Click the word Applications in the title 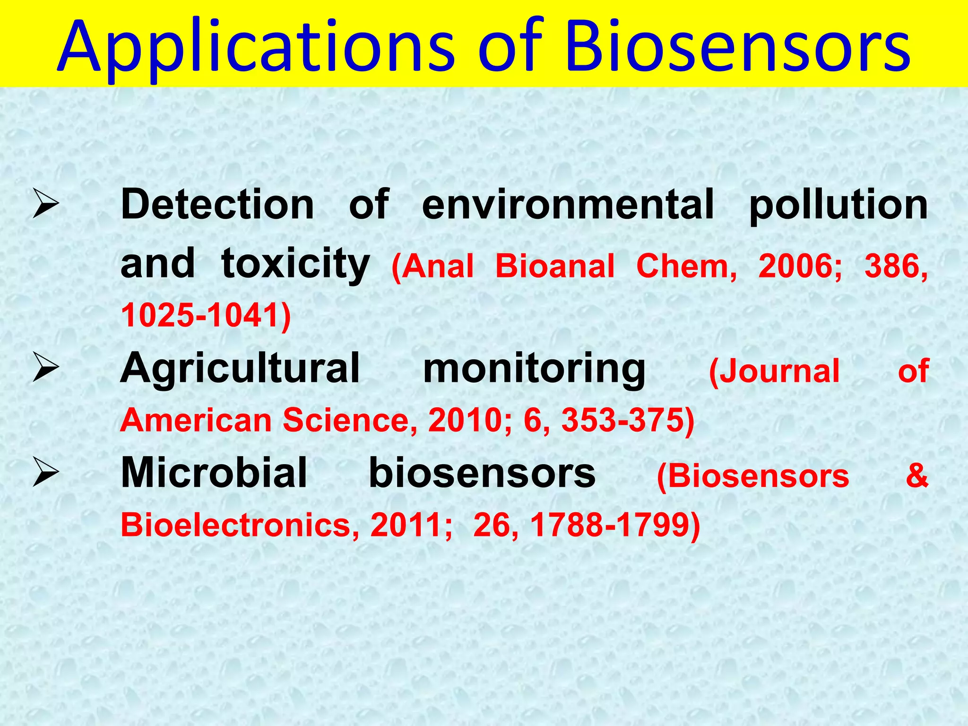click(255, 47)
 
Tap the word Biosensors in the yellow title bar click(737, 47)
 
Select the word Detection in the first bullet click(217, 204)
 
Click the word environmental click(568, 204)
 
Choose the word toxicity click(295, 264)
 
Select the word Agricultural click(240, 369)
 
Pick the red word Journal click(775, 371)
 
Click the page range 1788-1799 click(614, 525)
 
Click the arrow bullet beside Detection click(46, 205)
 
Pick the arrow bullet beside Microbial click(46, 474)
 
